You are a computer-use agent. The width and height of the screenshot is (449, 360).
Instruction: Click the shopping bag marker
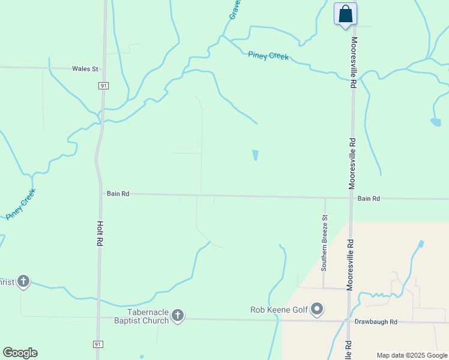tap(345, 13)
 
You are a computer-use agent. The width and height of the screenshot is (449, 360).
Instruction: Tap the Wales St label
tap(85, 69)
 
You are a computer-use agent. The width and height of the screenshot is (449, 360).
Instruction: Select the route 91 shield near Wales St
tap(104, 86)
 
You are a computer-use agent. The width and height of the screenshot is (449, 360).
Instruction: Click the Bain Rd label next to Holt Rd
tap(118, 194)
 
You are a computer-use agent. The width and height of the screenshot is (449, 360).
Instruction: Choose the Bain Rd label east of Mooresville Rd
tap(369, 199)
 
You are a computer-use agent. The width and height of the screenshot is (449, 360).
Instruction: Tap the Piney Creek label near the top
tap(268, 56)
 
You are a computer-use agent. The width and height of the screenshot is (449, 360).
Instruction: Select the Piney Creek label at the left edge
tap(21, 204)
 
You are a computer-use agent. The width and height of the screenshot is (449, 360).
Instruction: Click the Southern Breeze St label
tap(324, 243)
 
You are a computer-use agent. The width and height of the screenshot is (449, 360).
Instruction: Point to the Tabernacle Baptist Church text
tap(148, 316)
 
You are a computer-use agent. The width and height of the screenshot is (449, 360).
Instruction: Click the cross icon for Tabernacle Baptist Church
tap(177, 315)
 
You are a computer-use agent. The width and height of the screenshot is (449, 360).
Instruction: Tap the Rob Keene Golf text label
tap(279, 310)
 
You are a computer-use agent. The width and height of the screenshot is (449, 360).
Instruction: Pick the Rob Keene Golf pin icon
tap(318, 310)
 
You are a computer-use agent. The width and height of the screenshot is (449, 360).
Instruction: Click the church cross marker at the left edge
tap(23, 281)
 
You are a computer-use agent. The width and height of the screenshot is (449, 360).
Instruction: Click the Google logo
tap(20, 353)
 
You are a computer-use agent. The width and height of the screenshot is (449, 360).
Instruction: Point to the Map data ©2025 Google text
tap(412, 355)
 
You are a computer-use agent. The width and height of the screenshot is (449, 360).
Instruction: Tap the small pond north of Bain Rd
tap(255, 155)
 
